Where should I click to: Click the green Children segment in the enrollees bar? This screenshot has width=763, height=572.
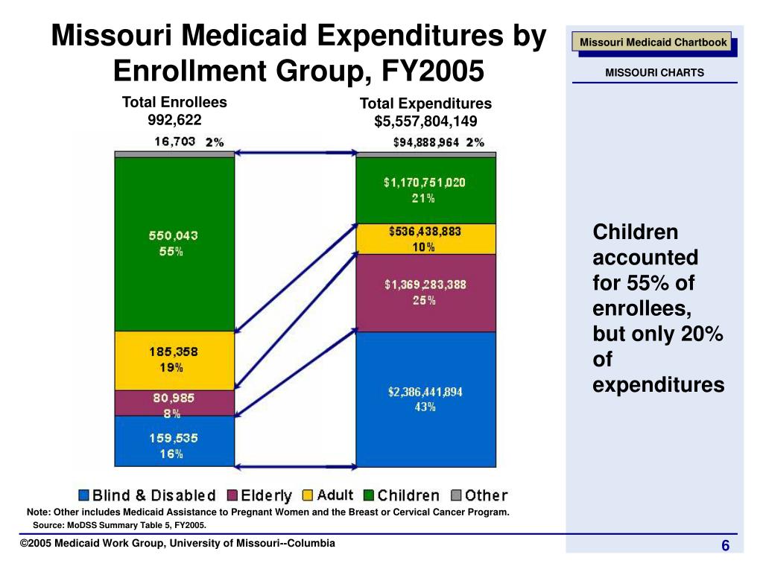(174, 244)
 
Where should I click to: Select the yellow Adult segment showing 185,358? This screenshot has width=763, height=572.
(174, 360)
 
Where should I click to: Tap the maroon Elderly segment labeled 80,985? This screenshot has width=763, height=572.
(174, 403)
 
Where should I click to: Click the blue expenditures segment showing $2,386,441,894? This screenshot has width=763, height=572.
(425, 398)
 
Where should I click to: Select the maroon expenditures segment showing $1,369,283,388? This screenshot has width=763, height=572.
(425, 292)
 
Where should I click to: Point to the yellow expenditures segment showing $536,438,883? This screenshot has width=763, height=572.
(425, 238)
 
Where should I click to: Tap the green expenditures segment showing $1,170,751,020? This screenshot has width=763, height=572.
(425, 189)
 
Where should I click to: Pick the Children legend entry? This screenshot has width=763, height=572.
(402, 495)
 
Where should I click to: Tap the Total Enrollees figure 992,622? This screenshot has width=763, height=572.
(174, 119)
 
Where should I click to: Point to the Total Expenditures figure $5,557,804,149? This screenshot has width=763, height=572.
(425, 121)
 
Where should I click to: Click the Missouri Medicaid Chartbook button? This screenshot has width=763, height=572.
(653, 42)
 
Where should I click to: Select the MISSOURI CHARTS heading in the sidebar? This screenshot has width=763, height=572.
(653, 73)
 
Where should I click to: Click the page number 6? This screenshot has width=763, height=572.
(724, 547)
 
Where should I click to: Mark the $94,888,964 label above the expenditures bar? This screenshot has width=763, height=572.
(425, 142)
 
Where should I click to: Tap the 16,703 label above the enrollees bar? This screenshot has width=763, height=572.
(174, 142)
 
